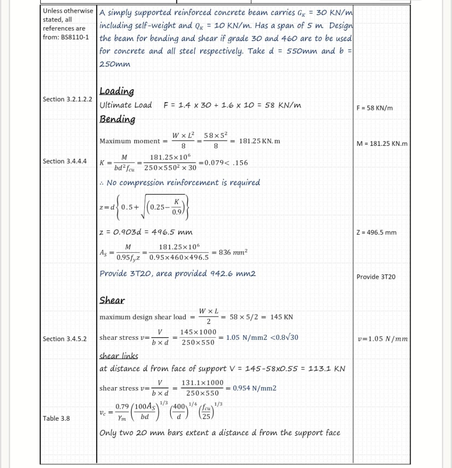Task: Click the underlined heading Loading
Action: click(117, 91)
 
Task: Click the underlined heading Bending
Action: click(117, 119)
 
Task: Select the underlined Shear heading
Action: click(112, 301)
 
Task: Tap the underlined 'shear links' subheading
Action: click(119, 356)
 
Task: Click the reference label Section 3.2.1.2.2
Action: click(68, 99)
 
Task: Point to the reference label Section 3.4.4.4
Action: click(64, 161)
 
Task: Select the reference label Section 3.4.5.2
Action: click(64, 339)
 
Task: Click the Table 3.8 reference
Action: click(56, 419)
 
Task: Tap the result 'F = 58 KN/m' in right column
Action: click(374, 108)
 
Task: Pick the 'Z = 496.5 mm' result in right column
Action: click(376, 232)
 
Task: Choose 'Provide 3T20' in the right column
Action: click(376, 277)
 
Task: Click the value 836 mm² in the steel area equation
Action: click(233, 252)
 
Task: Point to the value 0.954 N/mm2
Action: click(254, 388)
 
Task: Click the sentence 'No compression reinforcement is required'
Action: click(183, 183)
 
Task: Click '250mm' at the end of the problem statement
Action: click(115, 64)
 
